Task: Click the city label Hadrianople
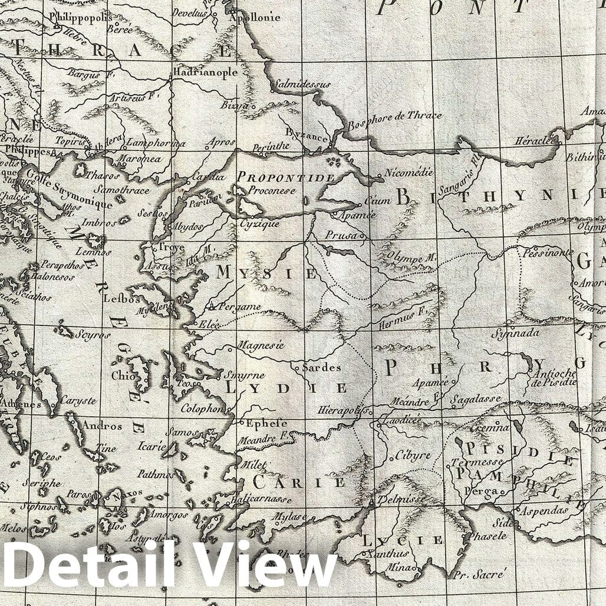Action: tap(205, 73)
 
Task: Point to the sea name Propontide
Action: tap(286, 177)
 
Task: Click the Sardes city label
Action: tap(321, 367)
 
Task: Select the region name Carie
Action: tap(299, 482)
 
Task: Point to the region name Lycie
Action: tap(402, 540)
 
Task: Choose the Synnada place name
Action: tap(516, 333)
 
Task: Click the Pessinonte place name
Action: tap(548, 252)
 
